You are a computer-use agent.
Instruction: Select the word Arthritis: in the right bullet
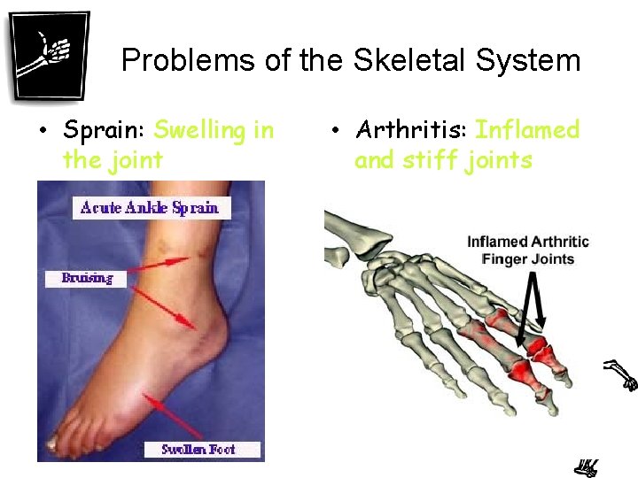411,131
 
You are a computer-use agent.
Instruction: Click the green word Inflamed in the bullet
527,131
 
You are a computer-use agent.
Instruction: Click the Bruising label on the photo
86,278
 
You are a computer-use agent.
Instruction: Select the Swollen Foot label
203,449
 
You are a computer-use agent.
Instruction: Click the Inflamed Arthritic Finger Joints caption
528,251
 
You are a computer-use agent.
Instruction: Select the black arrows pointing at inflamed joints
535,310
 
